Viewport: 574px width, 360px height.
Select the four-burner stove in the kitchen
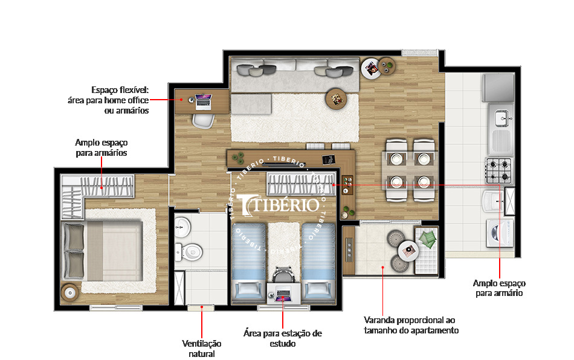pyautogui.click(x=498, y=170)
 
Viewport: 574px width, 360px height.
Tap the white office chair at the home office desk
pyautogui.click(x=203, y=120)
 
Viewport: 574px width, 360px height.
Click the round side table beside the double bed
pyautogui.click(x=71, y=293)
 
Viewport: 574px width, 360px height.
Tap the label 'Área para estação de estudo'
pyautogui.click(x=283, y=338)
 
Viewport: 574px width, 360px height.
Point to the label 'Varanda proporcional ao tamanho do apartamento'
pyautogui.click(x=411, y=325)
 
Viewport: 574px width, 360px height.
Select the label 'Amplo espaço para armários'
pyautogui.click(x=102, y=148)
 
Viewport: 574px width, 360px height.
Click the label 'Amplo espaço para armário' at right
pyautogui.click(x=499, y=288)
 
